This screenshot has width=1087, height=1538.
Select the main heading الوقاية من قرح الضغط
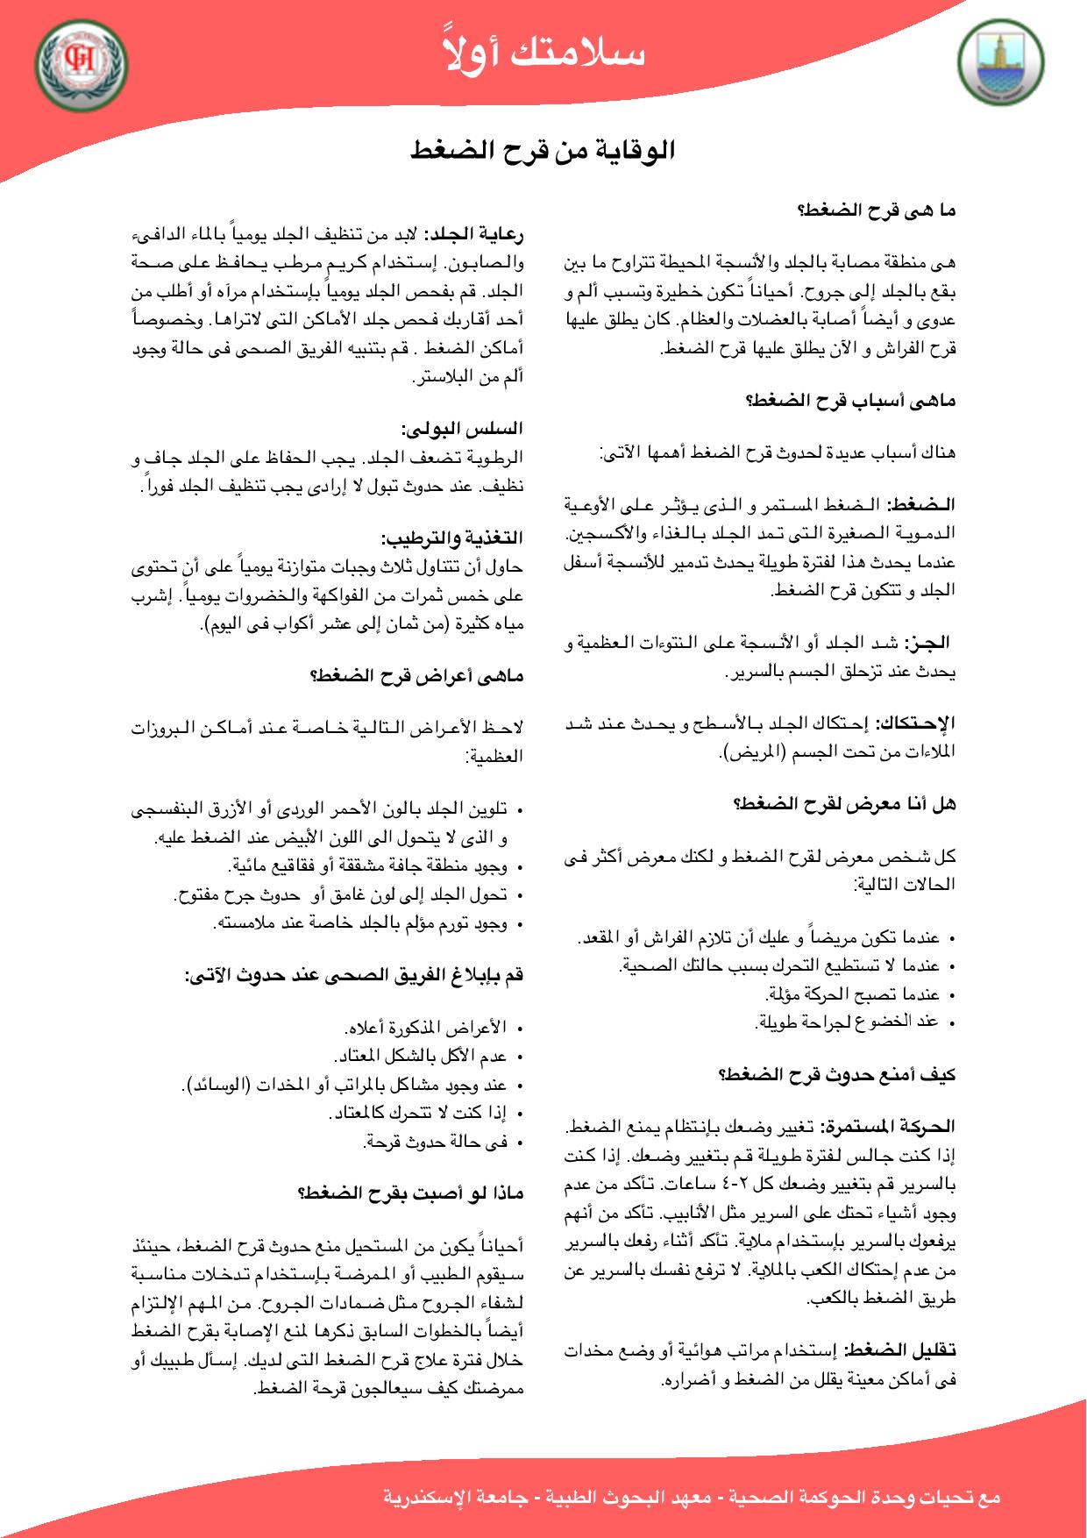pos(543,150)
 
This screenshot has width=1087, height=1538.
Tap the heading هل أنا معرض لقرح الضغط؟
pos(844,803)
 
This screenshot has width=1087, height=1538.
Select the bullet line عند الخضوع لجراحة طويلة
pos(847,1021)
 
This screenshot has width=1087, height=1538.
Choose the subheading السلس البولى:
pos(463,429)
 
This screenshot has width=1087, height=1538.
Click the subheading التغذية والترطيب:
pos(452,537)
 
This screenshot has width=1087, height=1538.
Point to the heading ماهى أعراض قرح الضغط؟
pos(417,675)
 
